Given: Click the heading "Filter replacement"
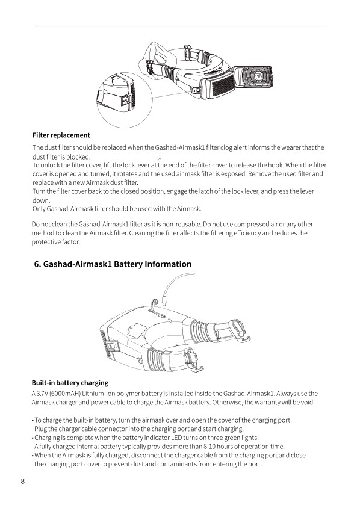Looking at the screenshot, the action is [61, 135].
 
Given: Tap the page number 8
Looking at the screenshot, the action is [22, 481].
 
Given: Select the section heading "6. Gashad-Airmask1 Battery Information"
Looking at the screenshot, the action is [113, 264].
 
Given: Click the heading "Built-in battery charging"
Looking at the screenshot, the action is [70, 383].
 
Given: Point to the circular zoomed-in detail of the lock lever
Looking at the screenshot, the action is [125, 100].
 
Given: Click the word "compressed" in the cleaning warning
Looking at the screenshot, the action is [252, 224].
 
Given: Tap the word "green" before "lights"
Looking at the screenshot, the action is [231, 438].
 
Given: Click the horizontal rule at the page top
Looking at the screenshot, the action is [181, 26].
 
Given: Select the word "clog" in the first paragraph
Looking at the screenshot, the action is [226, 147].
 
